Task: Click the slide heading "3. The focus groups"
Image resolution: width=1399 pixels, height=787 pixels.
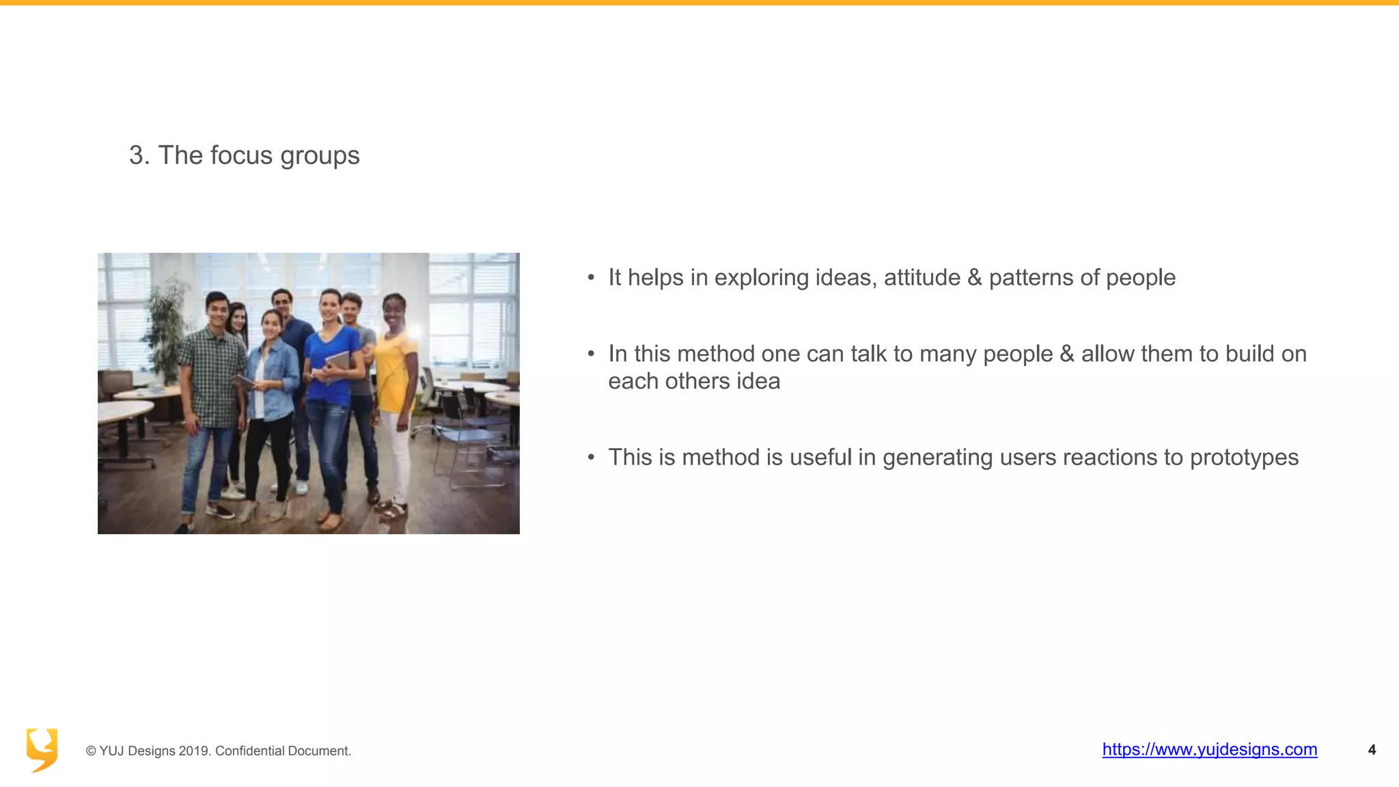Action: (244, 156)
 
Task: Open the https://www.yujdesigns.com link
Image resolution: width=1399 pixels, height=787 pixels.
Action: (1209, 749)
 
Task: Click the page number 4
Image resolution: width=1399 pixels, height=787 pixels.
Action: (1372, 750)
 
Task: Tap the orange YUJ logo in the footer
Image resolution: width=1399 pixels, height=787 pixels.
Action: (42, 749)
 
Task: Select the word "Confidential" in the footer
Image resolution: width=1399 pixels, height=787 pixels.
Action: (249, 751)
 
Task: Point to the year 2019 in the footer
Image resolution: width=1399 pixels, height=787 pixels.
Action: (193, 751)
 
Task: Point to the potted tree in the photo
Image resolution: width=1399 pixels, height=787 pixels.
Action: (165, 328)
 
